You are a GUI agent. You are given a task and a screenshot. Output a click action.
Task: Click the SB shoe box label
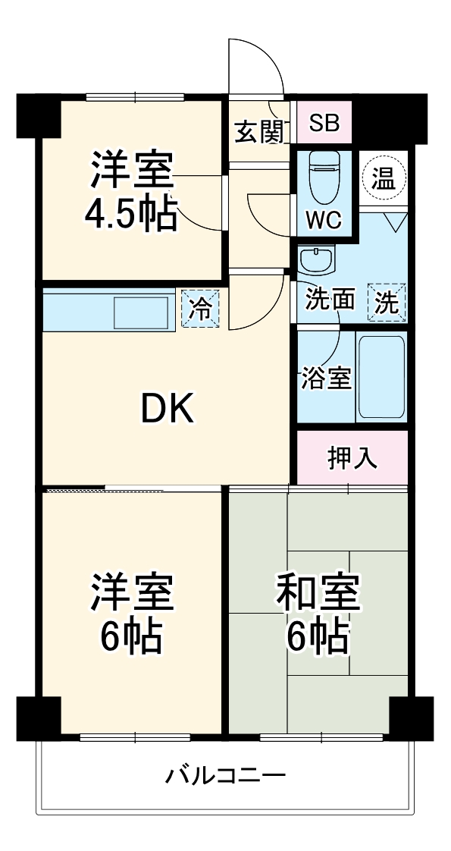[324, 123]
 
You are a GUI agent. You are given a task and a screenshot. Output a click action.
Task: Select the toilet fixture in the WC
[324, 177]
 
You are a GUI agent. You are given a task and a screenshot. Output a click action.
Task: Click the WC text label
[324, 219]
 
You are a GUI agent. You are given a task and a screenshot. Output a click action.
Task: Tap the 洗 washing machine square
[387, 303]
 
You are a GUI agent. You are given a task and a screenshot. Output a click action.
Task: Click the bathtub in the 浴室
[381, 377]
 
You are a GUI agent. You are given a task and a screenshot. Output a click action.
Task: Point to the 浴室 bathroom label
[326, 378]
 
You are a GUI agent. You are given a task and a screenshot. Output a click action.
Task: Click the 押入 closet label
[352, 458]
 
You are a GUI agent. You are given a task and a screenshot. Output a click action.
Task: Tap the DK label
[168, 410]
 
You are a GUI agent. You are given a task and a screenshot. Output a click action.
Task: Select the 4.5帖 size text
[131, 213]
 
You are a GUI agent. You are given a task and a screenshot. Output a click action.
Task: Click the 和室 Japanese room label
[318, 592]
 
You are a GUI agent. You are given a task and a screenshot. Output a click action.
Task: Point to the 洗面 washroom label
[330, 300]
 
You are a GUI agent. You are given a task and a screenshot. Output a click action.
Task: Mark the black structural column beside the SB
[383, 118]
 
